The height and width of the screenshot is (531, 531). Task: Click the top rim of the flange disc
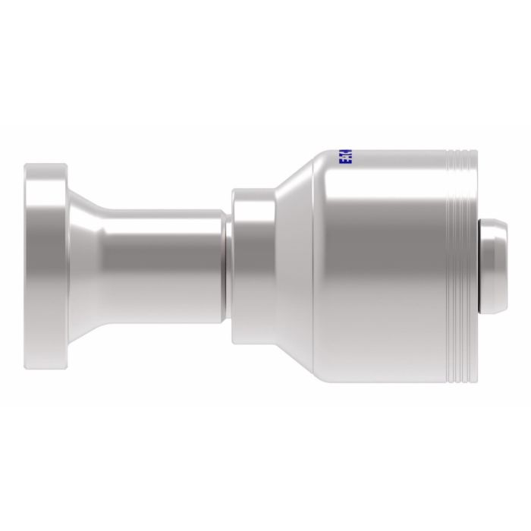[x=47, y=163]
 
